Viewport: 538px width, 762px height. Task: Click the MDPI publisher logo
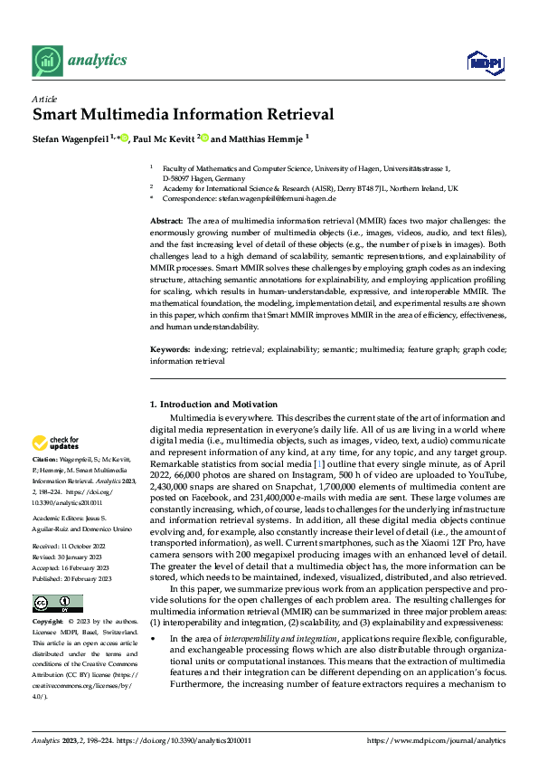point(482,62)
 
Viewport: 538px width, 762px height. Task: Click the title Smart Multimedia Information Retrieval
point(184,115)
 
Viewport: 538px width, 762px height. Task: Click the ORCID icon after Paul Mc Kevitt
point(205,138)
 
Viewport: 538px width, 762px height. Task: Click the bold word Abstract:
point(166,221)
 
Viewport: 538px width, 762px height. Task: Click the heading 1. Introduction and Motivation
point(213,404)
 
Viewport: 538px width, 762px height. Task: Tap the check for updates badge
point(56,443)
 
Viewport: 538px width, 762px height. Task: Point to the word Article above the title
point(43,98)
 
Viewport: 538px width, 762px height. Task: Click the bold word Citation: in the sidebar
point(46,460)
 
